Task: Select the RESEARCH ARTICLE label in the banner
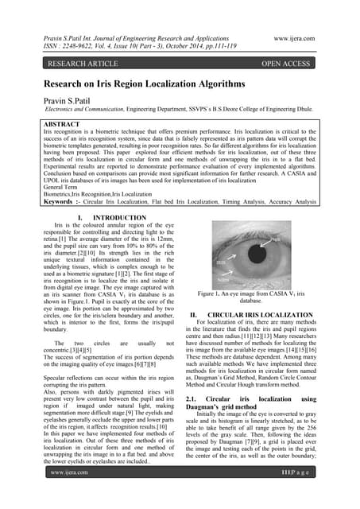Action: (x=83, y=63)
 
